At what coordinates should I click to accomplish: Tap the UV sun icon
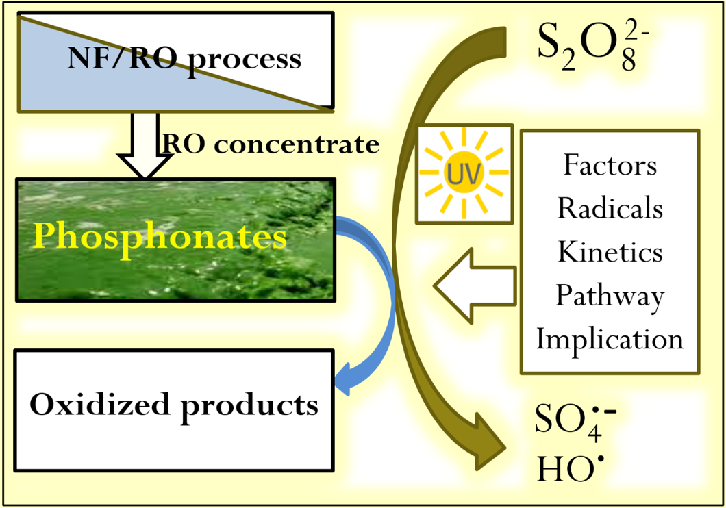pyautogui.click(x=464, y=174)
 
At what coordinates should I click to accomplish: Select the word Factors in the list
pyautogui.click(x=610, y=165)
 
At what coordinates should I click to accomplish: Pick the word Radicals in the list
pyautogui.click(x=610, y=208)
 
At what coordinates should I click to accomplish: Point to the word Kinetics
pyautogui.click(x=610, y=252)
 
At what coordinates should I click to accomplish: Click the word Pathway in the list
pyautogui.click(x=610, y=296)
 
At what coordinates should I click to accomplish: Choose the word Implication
pyautogui.click(x=610, y=340)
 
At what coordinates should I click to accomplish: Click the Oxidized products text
pyautogui.click(x=174, y=405)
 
